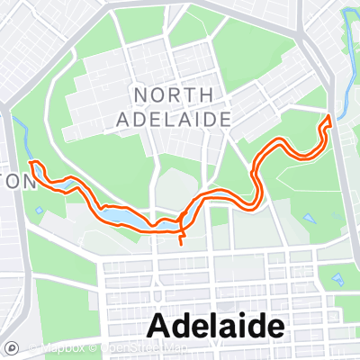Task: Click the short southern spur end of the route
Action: click(182, 243)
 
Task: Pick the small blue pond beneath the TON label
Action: click(39, 211)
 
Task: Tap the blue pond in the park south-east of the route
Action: click(310, 219)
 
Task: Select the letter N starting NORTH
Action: click(139, 94)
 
